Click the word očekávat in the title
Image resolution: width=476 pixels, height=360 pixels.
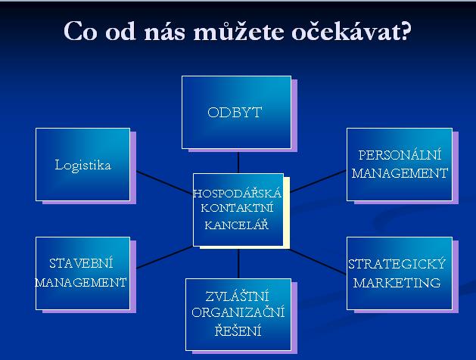[x=351, y=31]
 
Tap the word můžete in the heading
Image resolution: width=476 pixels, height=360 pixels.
[x=238, y=31]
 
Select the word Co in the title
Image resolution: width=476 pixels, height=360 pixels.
[x=80, y=31]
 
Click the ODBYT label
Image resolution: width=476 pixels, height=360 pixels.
[x=235, y=113]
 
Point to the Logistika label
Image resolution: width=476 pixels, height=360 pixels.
[x=83, y=166]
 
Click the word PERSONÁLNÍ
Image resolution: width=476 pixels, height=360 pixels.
[x=400, y=155]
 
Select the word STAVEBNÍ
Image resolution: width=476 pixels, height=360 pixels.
[x=81, y=263]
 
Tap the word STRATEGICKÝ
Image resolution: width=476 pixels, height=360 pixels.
[x=397, y=263]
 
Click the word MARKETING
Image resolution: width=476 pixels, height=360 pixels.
[x=397, y=283]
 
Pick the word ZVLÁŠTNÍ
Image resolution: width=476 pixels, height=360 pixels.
[x=237, y=296]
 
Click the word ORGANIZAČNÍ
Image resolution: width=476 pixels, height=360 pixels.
[x=238, y=312]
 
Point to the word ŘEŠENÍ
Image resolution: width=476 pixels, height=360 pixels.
[x=238, y=331]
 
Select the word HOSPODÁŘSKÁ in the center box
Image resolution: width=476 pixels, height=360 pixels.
[x=238, y=193]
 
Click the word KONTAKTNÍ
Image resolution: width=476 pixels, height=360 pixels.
[x=237, y=208]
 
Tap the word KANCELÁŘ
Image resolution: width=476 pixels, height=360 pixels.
[x=236, y=225]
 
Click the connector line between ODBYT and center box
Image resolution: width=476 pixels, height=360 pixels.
[x=238, y=163]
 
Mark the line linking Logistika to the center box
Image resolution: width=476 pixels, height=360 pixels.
[x=165, y=182]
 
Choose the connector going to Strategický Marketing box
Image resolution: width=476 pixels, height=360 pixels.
[x=318, y=262]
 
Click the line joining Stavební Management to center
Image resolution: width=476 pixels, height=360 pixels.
[x=165, y=257]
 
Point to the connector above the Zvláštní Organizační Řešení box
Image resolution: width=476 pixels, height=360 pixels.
[x=238, y=264]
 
